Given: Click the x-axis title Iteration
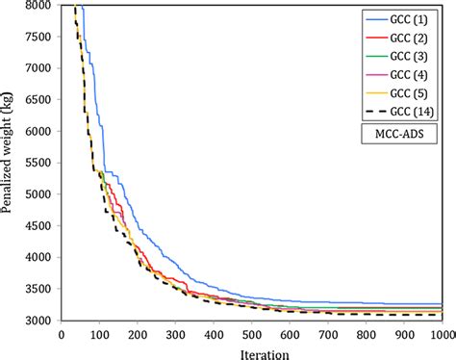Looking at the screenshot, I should [x=251, y=351].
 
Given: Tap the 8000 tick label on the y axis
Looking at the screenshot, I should [x=40, y=7].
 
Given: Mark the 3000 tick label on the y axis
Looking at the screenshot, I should [x=40, y=321].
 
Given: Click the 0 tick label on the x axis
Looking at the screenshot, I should [x=62, y=334].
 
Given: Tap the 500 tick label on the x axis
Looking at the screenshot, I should [x=251, y=334].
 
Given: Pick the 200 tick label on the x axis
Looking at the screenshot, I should [x=138, y=334].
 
